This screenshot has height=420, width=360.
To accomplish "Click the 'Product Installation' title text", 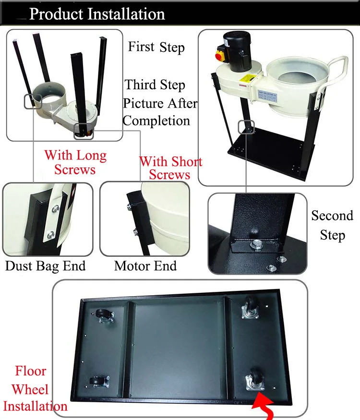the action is point(97,14).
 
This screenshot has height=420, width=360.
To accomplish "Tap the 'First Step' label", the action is point(156,47).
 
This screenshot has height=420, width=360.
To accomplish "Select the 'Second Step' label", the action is point(332,226).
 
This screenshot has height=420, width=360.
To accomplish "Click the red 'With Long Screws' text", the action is point(75,162).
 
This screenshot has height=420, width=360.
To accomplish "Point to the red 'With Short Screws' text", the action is point(170,168).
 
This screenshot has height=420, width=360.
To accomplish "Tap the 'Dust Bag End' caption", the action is point(46,266).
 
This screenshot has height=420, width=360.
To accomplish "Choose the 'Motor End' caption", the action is point(145,266).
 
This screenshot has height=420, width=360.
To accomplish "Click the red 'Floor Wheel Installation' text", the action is point(35,389).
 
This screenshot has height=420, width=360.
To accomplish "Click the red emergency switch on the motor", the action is point(221,55).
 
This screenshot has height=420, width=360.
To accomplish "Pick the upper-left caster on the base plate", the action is point(104,315).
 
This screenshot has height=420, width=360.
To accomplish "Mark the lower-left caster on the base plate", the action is point(99,382).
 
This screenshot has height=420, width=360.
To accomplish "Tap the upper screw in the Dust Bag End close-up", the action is point(56,208).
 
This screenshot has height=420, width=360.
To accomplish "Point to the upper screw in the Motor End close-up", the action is point(129,206).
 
